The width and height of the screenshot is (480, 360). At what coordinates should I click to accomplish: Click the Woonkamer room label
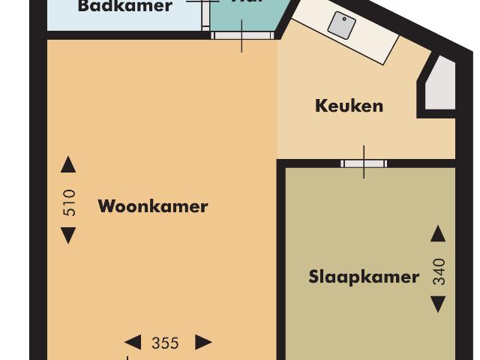pos(153,206)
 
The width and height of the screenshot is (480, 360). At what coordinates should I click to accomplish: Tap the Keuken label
pos(349,106)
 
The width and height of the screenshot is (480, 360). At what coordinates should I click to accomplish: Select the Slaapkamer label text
pos(364,277)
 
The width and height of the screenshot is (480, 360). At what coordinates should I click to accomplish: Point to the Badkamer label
pos(125,7)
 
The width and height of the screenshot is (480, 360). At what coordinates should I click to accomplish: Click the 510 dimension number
pos(69,202)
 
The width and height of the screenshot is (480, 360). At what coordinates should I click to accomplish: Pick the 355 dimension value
pos(165,343)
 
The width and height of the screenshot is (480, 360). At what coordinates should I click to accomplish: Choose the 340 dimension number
pos(439,271)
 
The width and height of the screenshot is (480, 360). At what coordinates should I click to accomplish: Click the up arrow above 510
pos(68,165)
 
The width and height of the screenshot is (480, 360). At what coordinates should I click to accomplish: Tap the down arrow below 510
pos(68,235)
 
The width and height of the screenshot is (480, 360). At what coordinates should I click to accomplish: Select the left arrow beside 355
pos(133,343)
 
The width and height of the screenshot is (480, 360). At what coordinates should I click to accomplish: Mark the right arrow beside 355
pos(203,343)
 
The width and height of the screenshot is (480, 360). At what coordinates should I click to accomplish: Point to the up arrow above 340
pos(438,234)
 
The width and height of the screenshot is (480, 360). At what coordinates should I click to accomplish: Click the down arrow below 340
pos(438,304)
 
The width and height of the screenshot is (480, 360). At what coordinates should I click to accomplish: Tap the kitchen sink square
pos(342,26)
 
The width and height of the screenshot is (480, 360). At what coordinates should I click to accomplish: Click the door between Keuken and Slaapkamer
pos(364,163)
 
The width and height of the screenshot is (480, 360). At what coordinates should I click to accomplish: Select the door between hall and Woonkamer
pos(241,34)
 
